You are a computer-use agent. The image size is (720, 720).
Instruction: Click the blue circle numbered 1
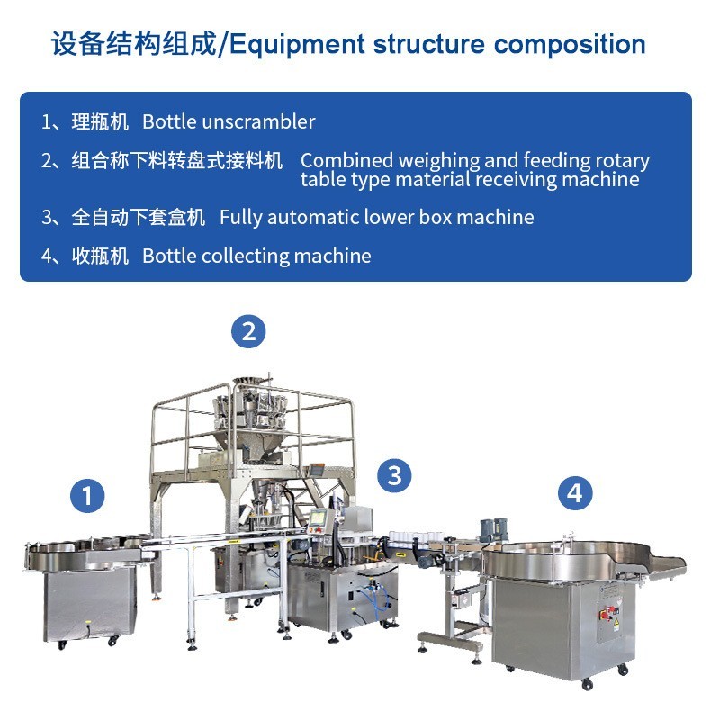[87, 496]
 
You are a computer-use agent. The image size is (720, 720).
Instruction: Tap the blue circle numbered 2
[248, 331]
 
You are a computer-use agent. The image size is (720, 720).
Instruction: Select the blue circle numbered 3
[394, 475]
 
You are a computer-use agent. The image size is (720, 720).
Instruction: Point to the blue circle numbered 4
[575, 493]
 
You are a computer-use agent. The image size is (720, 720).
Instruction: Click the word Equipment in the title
[297, 44]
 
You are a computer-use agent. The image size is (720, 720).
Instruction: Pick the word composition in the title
[570, 44]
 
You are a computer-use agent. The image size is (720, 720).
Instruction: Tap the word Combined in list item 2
[346, 160]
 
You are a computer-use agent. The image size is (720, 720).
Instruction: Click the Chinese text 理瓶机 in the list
[100, 122]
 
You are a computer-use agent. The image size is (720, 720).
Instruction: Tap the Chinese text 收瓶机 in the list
[100, 256]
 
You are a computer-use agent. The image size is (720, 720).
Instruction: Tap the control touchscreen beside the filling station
[318, 518]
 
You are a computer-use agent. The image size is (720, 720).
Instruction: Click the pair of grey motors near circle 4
[493, 529]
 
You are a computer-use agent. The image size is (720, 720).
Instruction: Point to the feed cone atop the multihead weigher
[251, 382]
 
